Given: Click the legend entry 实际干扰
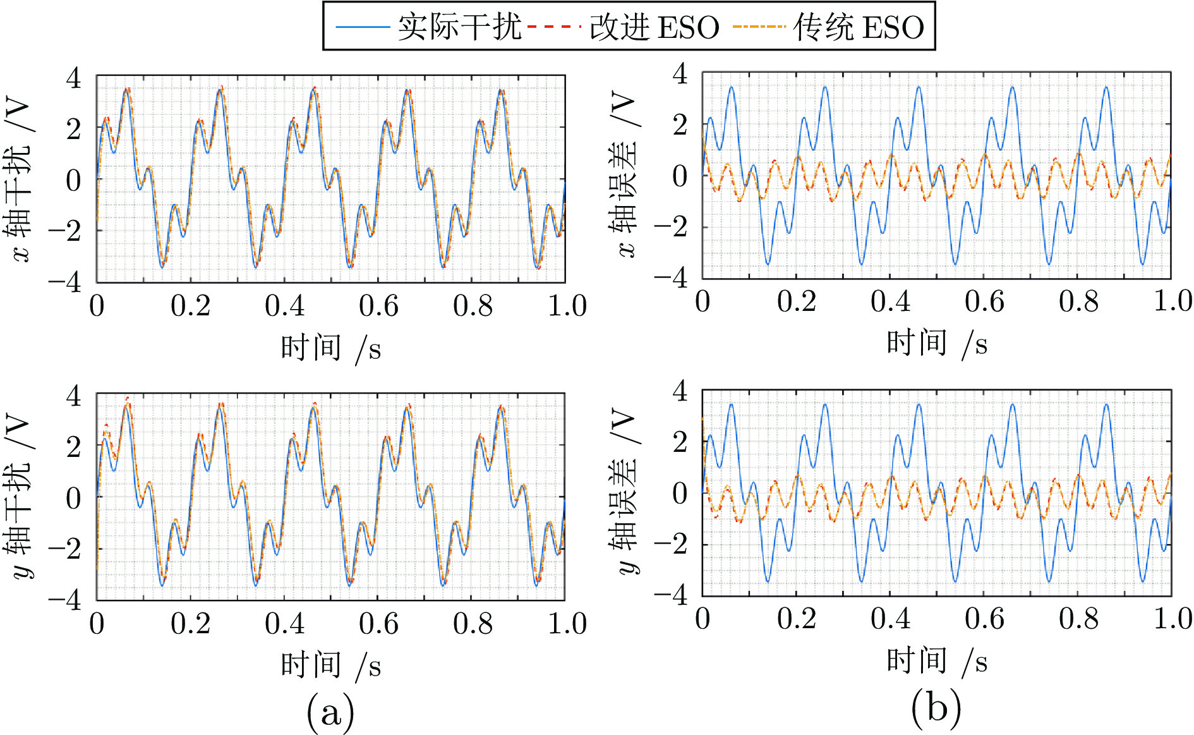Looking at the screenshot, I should tap(459, 27).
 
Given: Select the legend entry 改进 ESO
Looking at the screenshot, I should tap(654, 27).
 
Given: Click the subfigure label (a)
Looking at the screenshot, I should tap(330, 712).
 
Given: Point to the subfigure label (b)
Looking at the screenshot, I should tap(936, 707).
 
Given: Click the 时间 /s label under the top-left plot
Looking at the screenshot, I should tap(330, 348).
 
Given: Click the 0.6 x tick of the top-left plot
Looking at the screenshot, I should tap(378, 307).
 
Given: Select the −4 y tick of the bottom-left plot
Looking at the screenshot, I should tap(66, 599).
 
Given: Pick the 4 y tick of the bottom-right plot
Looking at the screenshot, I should tap(680, 391).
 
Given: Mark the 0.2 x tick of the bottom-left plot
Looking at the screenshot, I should tap(190, 624).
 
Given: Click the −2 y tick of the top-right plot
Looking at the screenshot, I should tap(671, 227).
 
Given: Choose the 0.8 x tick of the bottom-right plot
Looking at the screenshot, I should tap(1078, 619).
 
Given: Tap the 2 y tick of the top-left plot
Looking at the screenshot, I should tap(74, 129).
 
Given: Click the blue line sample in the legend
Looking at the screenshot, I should tap(361, 27).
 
